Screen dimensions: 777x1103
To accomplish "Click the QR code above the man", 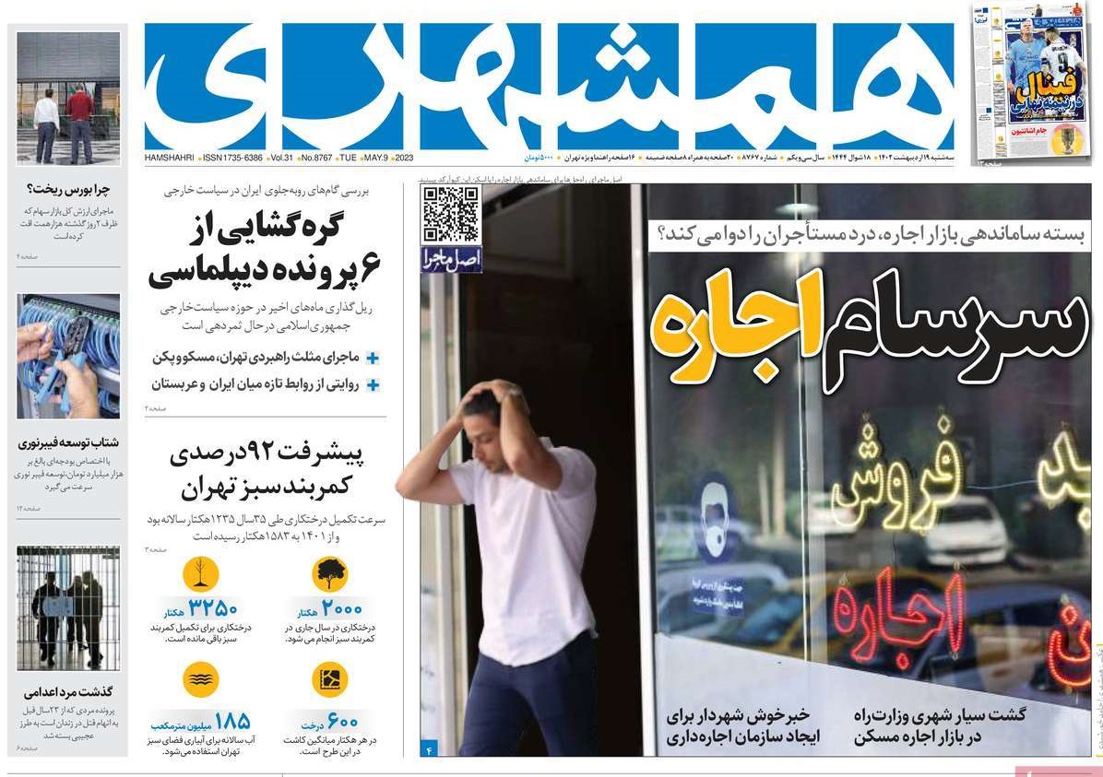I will tap(451, 215).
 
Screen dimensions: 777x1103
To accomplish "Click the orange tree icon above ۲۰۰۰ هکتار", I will tap(329, 573).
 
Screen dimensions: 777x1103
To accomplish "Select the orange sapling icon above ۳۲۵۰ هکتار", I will tap(200, 573).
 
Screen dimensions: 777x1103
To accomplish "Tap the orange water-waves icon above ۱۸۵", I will tap(200, 679).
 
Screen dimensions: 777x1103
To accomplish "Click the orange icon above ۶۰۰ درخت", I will tap(329, 679).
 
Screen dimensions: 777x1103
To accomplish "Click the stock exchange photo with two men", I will tap(68, 98).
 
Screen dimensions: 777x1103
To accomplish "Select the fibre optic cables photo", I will tap(68, 356).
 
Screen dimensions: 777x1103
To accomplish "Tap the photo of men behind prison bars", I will tap(68, 607).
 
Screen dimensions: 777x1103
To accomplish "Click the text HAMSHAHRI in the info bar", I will tap(171, 159).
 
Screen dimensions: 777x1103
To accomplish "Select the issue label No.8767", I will tap(314, 159).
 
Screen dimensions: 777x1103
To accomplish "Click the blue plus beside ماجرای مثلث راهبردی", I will tap(373, 358).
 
